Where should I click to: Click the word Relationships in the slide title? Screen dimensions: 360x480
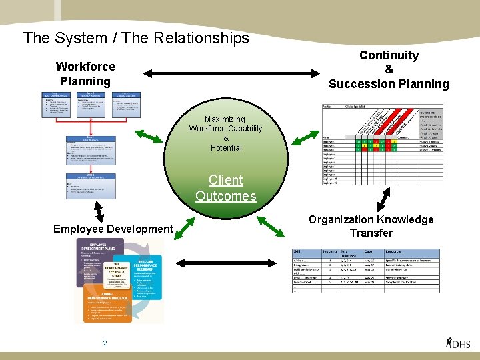(x=201, y=38)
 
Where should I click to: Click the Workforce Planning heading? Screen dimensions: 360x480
(x=85, y=74)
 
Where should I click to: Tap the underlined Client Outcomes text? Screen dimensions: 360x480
(x=225, y=188)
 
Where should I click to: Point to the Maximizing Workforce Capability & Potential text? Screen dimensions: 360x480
(x=225, y=133)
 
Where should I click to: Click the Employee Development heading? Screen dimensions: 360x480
(x=113, y=229)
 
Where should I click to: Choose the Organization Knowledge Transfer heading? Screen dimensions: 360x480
(x=371, y=226)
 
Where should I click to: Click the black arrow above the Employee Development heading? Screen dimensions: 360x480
(x=99, y=212)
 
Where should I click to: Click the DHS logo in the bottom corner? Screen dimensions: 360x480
(x=458, y=343)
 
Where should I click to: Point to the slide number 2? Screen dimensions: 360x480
(x=105, y=343)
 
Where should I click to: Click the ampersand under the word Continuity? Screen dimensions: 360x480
(x=389, y=69)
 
